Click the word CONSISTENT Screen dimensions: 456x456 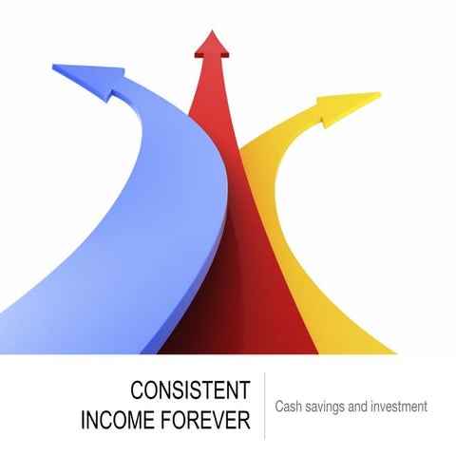(x=189, y=390)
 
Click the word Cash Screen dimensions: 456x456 (x=290, y=407)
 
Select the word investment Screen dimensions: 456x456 (x=401, y=407)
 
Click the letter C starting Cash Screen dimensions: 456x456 (x=280, y=407)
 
